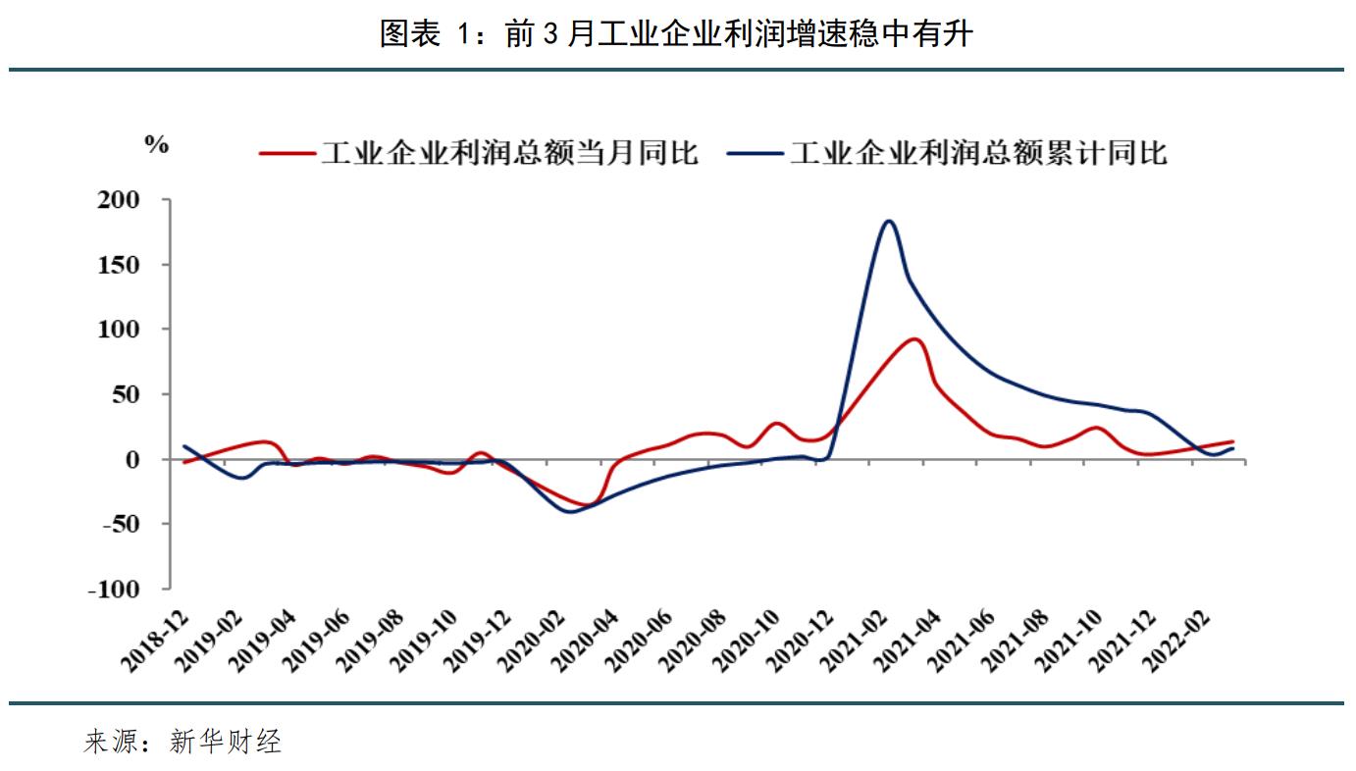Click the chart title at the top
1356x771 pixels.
coord(676,34)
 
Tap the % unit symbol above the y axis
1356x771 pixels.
coord(157,145)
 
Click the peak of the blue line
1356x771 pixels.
coord(889,221)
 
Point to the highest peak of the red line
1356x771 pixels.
coord(913,339)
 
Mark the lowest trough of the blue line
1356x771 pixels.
coord(570,511)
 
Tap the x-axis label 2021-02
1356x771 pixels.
coord(860,642)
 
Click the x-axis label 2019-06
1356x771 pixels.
coord(318,642)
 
